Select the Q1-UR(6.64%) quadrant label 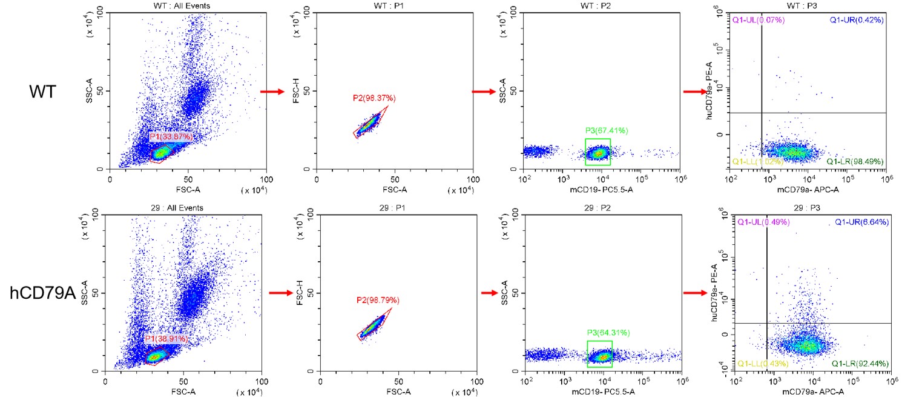(861, 222)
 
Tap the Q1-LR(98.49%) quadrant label (855, 161)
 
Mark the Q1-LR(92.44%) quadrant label (860, 364)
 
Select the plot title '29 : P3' (811, 208)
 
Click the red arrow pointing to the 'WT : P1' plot (272, 92)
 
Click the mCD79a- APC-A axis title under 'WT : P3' (809, 188)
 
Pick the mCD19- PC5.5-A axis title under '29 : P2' (604, 392)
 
